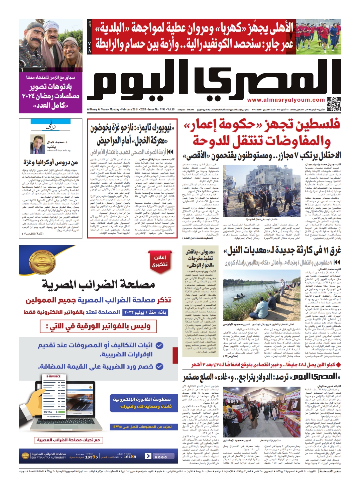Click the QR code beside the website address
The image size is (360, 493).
click(x=334, y=104)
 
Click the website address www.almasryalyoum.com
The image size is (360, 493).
click(x=286, y=100)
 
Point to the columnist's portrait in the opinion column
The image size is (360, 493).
click(x=37, y=144)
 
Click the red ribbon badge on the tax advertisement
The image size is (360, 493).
click(x=160, y=261)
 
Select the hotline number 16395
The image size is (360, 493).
click(x=91, y=457)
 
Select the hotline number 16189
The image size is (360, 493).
click(x=130, y=457)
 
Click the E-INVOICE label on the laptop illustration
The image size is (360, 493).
click(x=53, y=376)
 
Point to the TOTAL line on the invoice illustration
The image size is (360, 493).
click(x=49, y=412)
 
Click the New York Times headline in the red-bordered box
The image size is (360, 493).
click(x=132, y=134)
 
